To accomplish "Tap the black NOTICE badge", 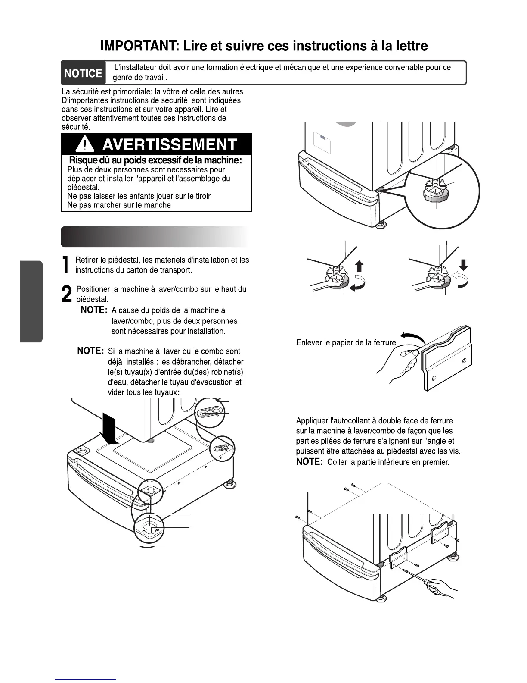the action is [83, 73].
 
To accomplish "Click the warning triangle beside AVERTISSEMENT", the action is [87, 144].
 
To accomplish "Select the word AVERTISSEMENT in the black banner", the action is [170, 144].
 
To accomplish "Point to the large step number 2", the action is [67, 295].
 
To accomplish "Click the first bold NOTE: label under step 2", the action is [94, 310].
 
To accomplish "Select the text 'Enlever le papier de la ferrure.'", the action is [347, 343].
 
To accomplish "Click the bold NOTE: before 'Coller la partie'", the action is [310, 462].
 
